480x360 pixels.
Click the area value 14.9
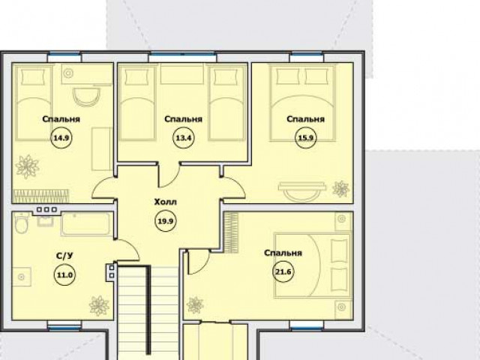click(x=61, y=138)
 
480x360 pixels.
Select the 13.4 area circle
click(x=183, y=138)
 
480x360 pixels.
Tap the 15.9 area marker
click(x=306, y=138)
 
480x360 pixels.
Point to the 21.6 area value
click(x=283, y=271)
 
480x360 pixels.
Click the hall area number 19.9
click(x=166, y=220)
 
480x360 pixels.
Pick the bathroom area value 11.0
click(x=65, y=275)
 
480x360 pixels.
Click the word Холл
click(x=166, y=202)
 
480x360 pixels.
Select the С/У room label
click(x=65, y=256)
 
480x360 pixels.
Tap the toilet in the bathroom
click(x=22, y=224)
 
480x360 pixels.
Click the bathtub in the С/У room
click(x=87, y=224)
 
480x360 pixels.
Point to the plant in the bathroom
click(x=99, y=305)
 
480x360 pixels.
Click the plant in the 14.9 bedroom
click(x=27, y=166)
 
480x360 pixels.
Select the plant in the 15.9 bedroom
click(x=340, y=188)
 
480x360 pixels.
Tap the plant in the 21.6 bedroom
click(x=195, y=305)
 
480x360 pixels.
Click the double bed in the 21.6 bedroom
click(x=313, y=265)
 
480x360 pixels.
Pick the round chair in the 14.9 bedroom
click(x=87, y=97)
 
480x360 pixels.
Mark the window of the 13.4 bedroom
click(x=182, y=55)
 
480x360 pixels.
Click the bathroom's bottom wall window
click(x=64, y=328)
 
